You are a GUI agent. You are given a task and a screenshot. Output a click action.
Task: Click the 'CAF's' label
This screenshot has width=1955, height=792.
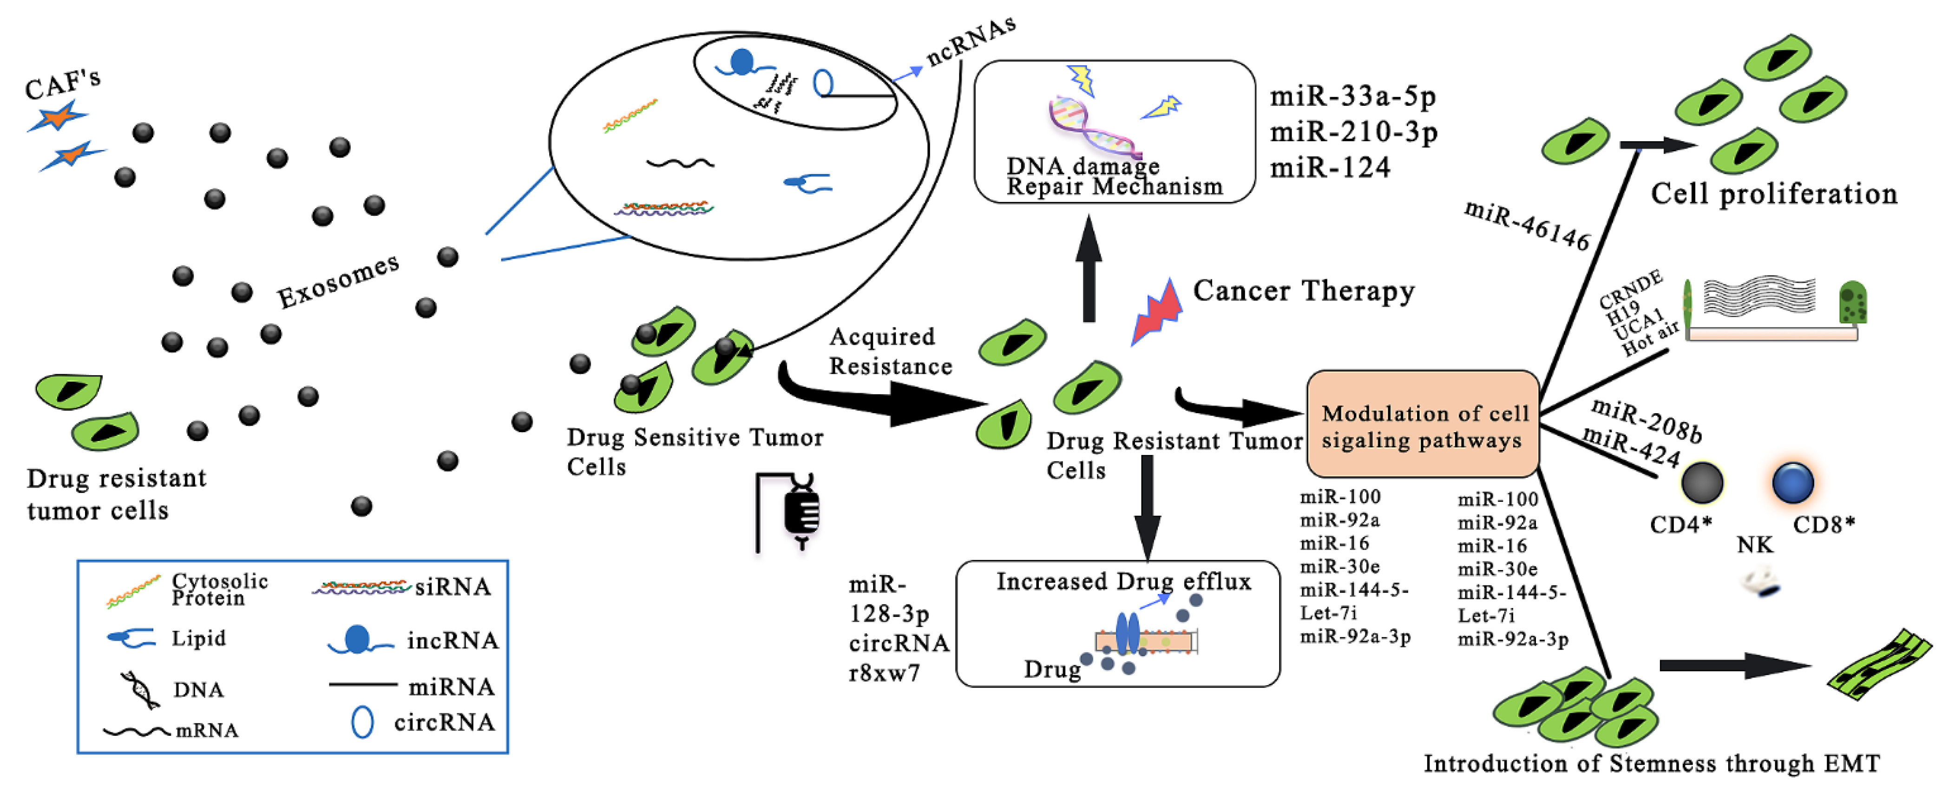point(62,84)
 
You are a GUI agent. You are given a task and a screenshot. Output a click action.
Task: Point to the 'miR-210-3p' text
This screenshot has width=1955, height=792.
point(1353,132)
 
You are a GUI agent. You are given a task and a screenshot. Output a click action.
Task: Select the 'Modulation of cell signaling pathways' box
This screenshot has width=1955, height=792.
point(1422,425)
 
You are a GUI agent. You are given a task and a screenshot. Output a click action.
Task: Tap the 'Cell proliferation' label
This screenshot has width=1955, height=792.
point(1774,194)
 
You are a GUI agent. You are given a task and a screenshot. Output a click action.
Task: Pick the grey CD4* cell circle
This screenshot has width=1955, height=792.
point(1701,482)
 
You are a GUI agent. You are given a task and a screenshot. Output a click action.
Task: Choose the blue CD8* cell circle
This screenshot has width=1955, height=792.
point(1792,482)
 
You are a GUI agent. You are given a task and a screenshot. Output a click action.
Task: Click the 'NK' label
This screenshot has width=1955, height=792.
point(1755,545)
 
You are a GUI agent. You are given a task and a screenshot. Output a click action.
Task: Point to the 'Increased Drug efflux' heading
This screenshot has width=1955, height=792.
point(1123,582)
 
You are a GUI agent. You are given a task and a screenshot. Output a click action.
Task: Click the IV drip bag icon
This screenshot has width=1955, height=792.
point(800,512)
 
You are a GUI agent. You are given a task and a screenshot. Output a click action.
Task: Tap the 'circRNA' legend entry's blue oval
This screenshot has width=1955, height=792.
point(362,722)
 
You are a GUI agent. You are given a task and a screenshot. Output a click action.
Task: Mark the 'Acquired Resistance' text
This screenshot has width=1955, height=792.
point(890,351)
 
